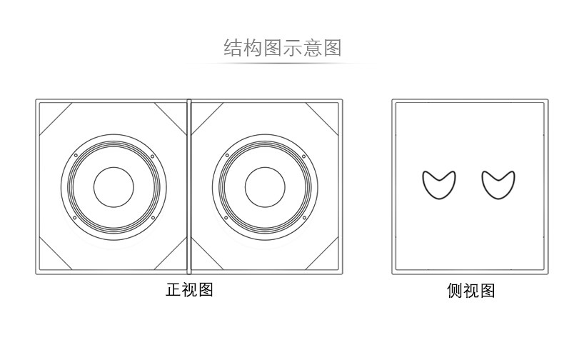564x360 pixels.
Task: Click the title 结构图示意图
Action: click(282, 48)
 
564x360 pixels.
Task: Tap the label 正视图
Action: click(189, 290)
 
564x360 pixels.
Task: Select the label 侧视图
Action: click(470, 291)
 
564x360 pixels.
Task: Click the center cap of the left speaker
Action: click(114, 187)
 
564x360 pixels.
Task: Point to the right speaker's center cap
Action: click(265, 187)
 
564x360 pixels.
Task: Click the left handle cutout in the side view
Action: click(437, 184)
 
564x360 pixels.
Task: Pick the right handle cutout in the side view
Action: click(498, 184)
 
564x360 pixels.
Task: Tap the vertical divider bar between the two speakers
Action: click(189, 187)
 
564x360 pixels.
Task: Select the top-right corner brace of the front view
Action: click(323, 119)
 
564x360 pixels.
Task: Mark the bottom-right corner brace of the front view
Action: click(323, 255)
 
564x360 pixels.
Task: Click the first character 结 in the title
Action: click(233, 48)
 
